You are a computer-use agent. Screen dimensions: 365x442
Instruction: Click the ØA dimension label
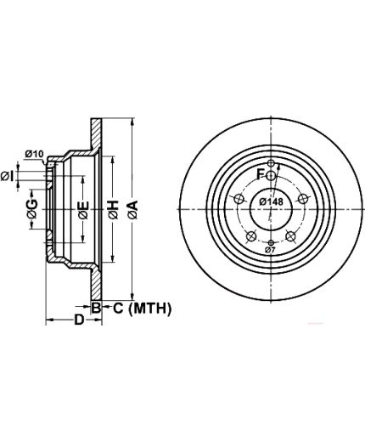132,210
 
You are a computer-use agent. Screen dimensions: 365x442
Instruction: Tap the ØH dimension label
113,210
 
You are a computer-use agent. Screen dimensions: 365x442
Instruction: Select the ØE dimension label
83,210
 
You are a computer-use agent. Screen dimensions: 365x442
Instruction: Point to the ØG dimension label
32,209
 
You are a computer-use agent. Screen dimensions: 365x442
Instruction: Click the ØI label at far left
7,176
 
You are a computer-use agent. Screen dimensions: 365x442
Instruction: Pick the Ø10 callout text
34,154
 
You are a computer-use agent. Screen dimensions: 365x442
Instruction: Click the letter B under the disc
96,308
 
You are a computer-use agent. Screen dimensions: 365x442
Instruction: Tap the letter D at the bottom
79,320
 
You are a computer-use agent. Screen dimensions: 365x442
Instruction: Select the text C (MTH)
143,308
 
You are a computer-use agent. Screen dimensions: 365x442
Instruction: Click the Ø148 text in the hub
272,201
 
